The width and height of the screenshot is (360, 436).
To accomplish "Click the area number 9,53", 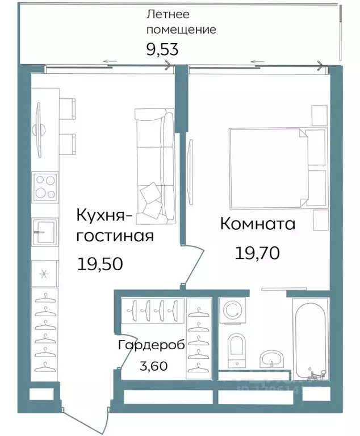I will coord(162,49).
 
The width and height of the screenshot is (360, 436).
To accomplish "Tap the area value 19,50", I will coord(99,263).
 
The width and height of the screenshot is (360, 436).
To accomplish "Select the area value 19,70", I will coord(257,252).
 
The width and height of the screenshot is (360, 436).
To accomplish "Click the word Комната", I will coord(258,224).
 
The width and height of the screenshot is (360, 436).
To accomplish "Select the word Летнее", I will coord(168,14).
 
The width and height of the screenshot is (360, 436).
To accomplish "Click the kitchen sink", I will coord(45,232).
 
